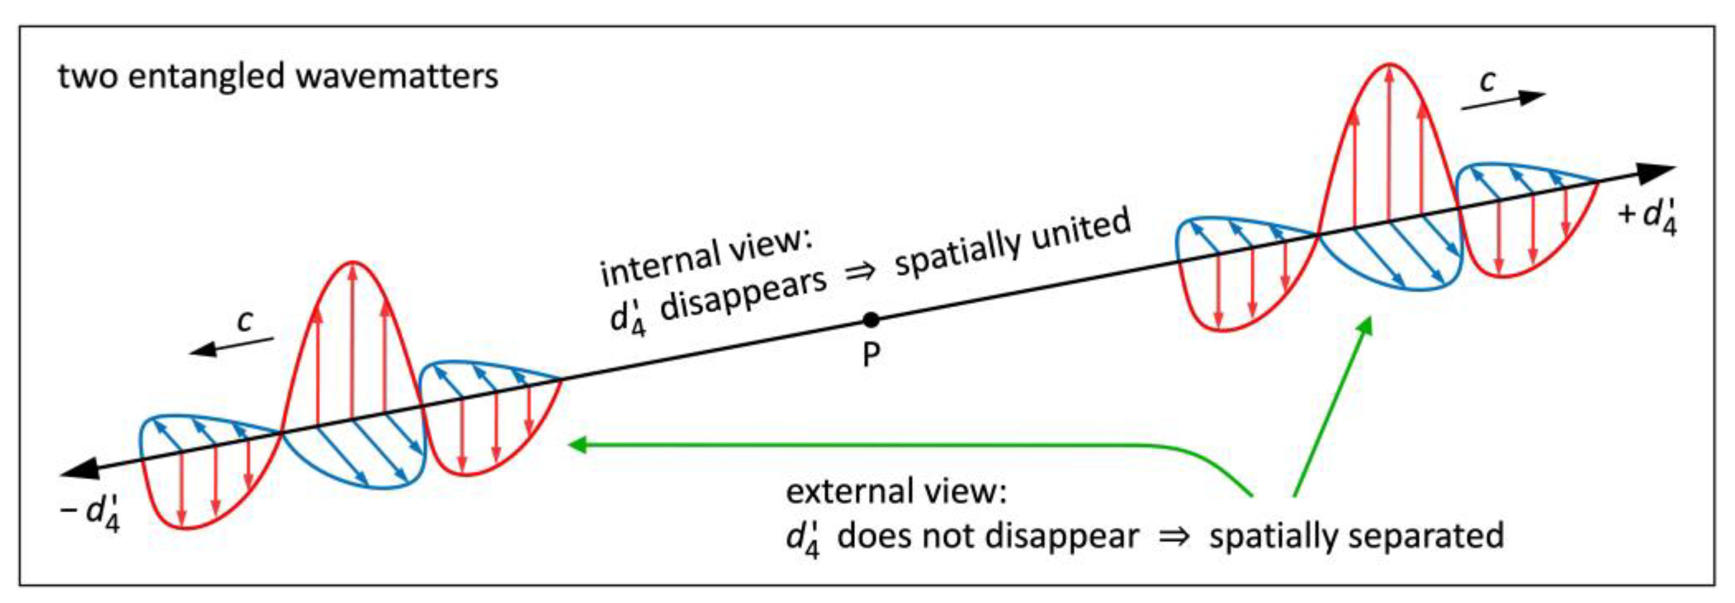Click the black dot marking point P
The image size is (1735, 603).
pos(871,320)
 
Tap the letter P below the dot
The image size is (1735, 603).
pos(871,355)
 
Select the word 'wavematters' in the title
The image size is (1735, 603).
pos(397,75)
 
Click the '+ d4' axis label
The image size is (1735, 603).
pos(1648,216)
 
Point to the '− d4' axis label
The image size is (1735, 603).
pos(91,513)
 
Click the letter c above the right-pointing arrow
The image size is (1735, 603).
pos(1488,81)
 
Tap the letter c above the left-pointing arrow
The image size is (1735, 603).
pos(244,321)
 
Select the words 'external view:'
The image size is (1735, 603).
pos(896,491)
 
